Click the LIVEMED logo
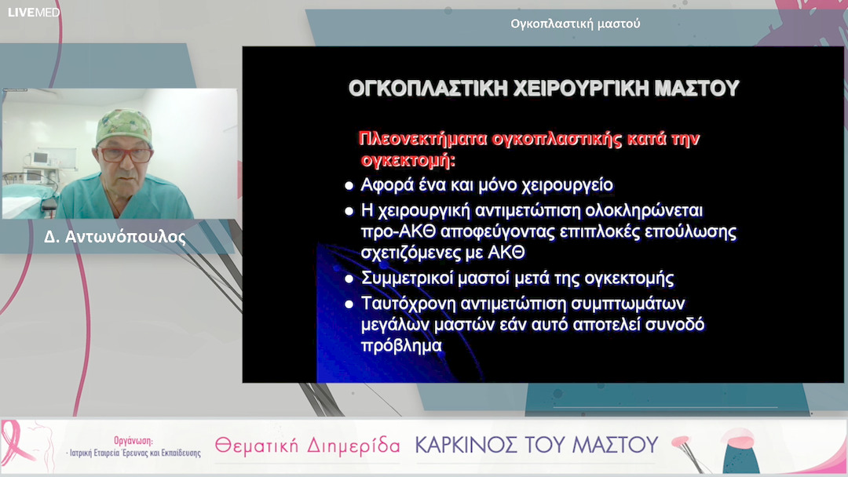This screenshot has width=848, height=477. pyautogui.click(x=34, y=12)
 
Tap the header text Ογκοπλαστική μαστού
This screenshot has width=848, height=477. pyautogui.click(x=575, y=24)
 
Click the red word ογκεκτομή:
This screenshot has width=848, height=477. pyautogui.click(x=408, y=161)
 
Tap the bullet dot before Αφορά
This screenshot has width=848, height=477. pyautogui.click(x=349, y=186)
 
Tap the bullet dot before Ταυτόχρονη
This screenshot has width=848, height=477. pyautogui.click(x=349, y=304)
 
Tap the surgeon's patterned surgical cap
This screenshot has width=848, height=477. pyautogui.click(x=123, y=126)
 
